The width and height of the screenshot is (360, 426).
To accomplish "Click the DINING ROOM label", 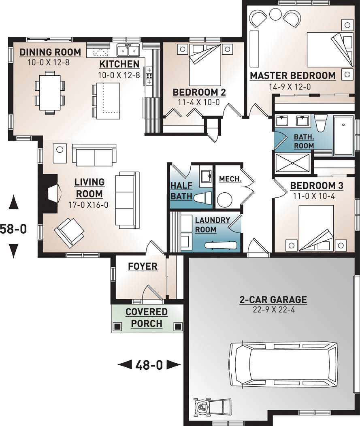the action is (50, 52).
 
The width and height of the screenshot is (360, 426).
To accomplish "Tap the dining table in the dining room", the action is (50, 92).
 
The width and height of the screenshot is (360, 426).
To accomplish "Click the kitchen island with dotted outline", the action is (109, 101).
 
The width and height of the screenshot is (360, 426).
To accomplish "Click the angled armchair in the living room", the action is (69, 232).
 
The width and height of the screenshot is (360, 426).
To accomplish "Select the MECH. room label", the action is (230, 179).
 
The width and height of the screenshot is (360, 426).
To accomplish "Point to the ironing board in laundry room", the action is (221, 245).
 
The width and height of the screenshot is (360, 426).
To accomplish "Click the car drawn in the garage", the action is (283, 364).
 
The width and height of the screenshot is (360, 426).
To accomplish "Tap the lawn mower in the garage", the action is (212, 406).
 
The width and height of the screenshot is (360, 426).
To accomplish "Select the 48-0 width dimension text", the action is (149, 365).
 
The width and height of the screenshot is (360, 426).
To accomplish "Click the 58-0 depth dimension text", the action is (13, 229).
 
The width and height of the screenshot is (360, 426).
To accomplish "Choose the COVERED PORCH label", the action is (147, 317).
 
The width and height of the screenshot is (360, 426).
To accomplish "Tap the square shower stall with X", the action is (292, 163).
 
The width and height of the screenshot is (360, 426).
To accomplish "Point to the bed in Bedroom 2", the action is (204, 65).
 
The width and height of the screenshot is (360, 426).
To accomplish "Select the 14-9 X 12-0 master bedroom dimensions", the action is (290, 87).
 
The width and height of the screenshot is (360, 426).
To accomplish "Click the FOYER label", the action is (143, 266).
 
